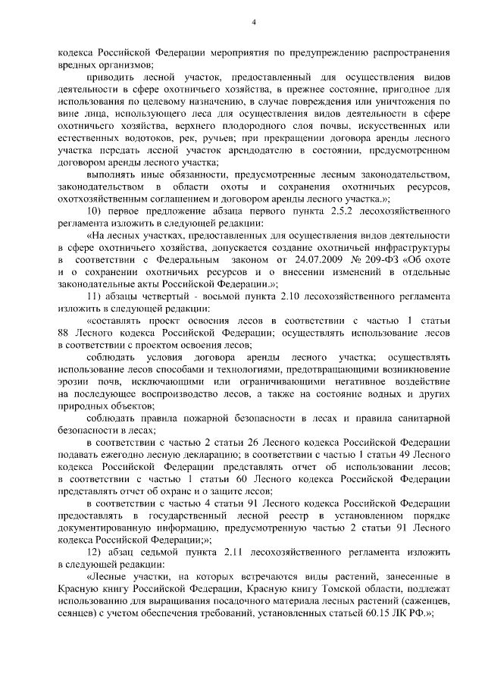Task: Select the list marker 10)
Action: [x=95, y=208]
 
